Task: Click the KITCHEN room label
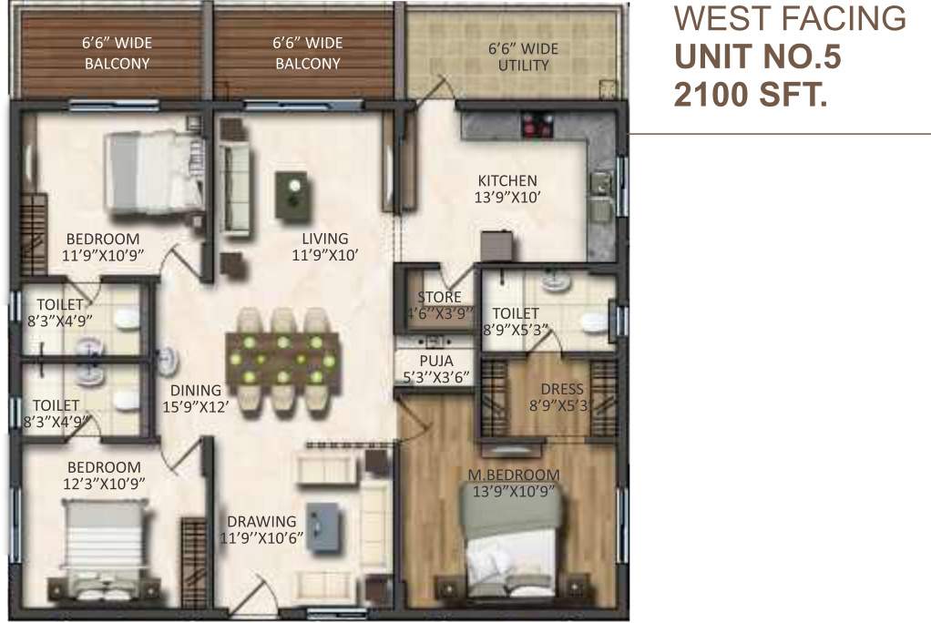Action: pos(507,180)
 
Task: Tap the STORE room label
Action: pos(439,297)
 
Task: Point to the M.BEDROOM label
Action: pos(514,475)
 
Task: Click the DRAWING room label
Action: pos(262,522)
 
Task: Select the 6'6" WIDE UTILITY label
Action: pos(523,56)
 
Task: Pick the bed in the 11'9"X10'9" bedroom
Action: pos(152,173)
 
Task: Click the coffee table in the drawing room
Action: pos(324,527)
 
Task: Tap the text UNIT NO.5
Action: pos(757,56)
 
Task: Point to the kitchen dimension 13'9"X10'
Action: pos(507,197)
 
